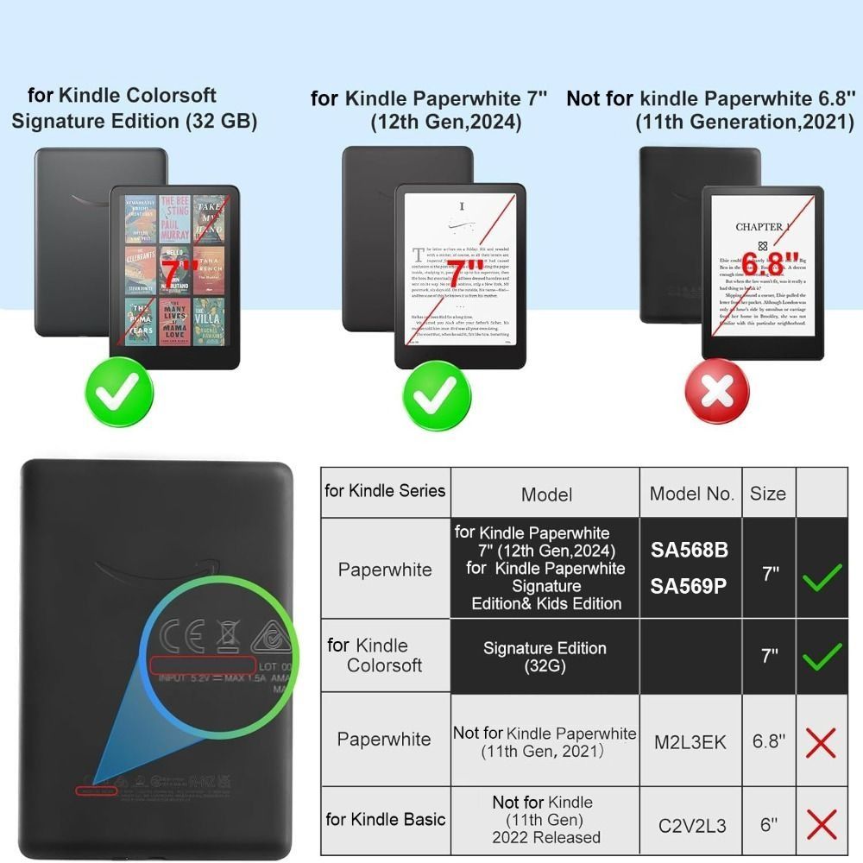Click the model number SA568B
coord(689,550)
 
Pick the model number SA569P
coord(689,586)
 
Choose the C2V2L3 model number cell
coord(690,825)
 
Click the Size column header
coord(767,494)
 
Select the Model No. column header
coord(690,494)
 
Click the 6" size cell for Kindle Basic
coord(767,825)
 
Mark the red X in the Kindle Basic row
coord(821,825)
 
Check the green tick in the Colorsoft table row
coord(821,658)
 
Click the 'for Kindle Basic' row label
coord(385,819)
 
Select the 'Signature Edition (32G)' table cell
coord(545,657)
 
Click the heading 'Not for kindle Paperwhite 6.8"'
coord(710,110)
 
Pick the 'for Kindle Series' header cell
coord(385,491)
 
